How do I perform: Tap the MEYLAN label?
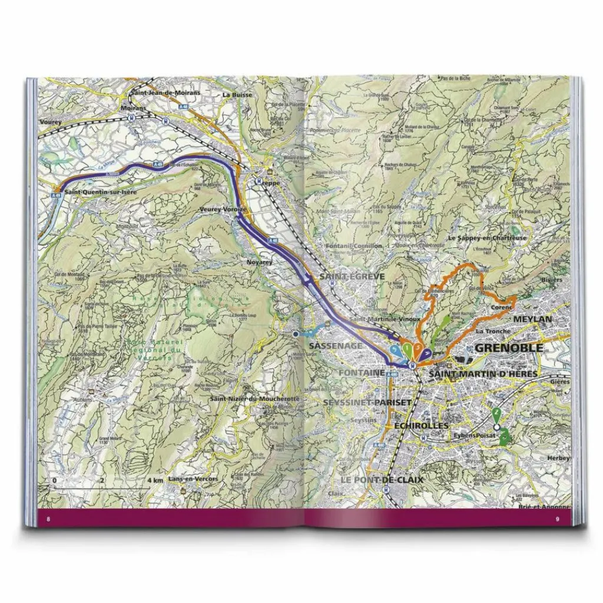click(x=532, y=319)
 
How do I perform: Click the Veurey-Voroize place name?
click(x=223, y=210)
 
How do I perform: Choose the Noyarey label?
click(x=259, y=263)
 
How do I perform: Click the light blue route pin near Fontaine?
click(x=396, y=351)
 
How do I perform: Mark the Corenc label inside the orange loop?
click(x=502, y=307)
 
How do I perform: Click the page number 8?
click(x=49, y=519)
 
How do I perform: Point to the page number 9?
click(x=557, y=519)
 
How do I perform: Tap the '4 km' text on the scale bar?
click(x=155, y=481)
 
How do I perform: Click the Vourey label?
click(x=51, y=121)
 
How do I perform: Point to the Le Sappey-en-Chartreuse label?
click(x=487, y=238)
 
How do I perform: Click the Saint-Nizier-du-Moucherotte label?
click(x=255, y=399)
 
